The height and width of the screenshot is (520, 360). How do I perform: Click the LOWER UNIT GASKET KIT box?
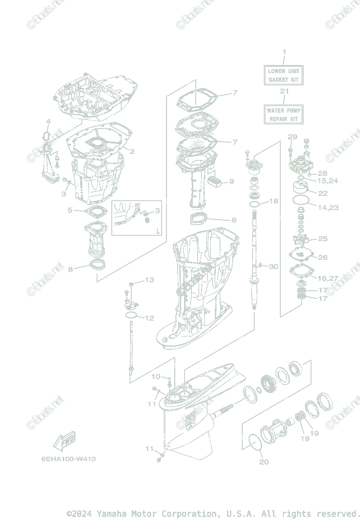[x=284, y=75]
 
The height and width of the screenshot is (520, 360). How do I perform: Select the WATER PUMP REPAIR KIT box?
[x=284, y=114]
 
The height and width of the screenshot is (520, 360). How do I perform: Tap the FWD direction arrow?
[x=64, y=441]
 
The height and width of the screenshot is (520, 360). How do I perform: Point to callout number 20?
[x=264, y=462]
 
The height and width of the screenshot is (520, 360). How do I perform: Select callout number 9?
[x=231, y=181]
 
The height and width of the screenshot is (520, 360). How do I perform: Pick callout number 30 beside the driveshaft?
[x=273, y=266]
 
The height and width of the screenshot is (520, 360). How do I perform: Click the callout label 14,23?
[x=328, y=208]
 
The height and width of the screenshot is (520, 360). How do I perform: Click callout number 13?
[x=149, y=280]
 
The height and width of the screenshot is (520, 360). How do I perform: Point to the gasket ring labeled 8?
[x=97, y=264]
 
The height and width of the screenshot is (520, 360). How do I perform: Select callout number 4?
[x=48, y=121]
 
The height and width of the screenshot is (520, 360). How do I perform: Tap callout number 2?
[x=132, y=152]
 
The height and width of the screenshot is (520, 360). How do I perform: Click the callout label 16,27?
[x=328, y=278]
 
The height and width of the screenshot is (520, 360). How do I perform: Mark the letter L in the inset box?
[x=157, y=231]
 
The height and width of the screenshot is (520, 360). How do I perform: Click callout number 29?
[x=292, y=137]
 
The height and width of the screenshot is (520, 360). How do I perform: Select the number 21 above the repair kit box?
[x=284, y=91]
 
